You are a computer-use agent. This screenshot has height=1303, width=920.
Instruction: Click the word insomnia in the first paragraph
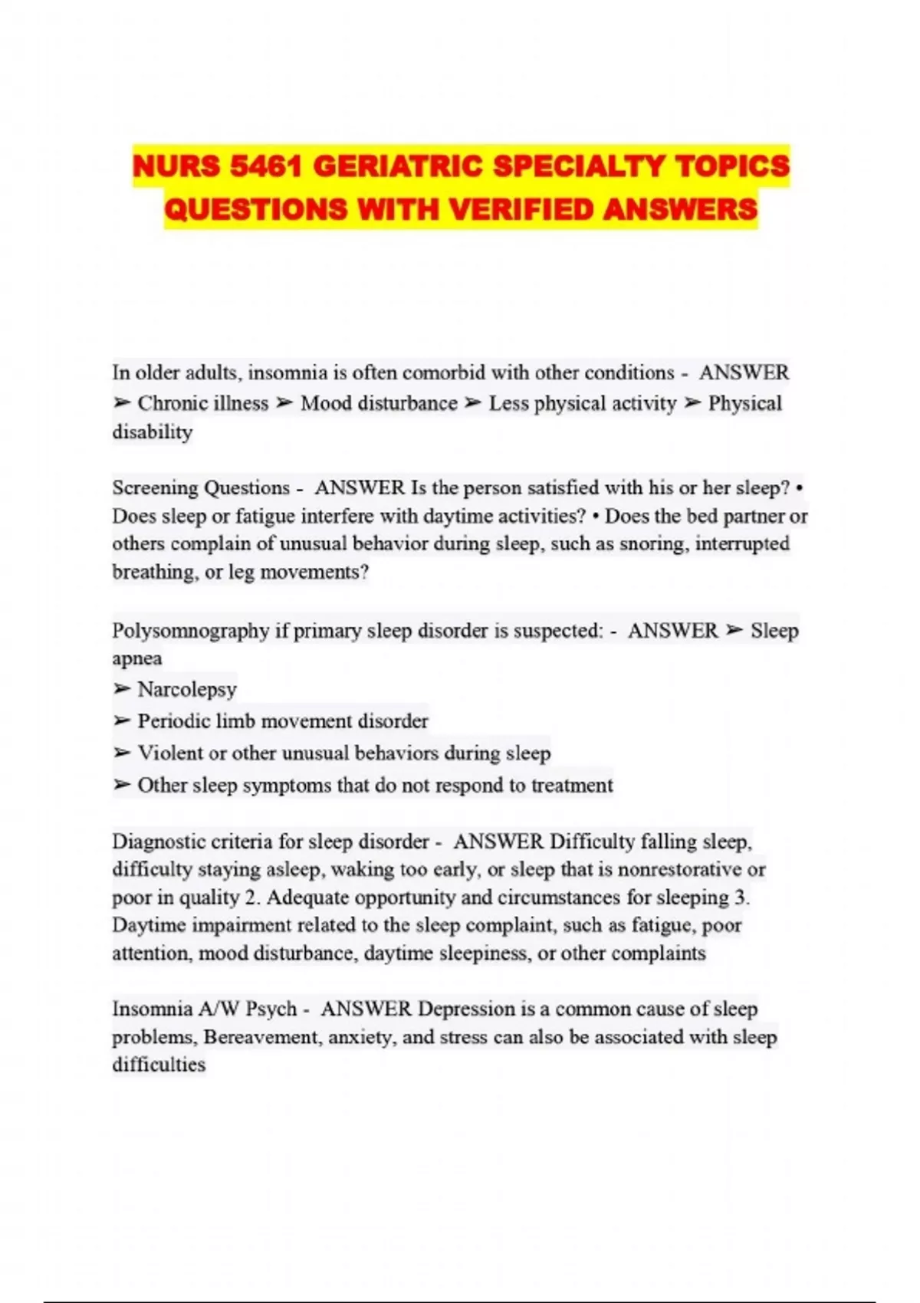pos(287,373)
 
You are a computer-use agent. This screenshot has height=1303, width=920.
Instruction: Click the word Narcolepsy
pos(187,690)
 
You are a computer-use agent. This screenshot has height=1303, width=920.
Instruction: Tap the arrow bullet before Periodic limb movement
pos(122,721)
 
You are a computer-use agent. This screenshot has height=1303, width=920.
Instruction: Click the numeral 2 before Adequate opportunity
pos(252,898)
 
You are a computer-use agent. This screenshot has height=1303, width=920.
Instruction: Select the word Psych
pos(271,1009)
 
